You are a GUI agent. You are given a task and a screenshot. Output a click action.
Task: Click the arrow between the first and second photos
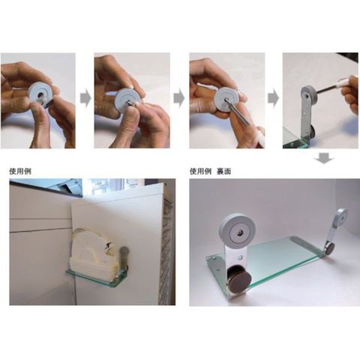tap(85, 98)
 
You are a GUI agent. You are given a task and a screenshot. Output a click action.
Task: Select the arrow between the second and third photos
tap(178, 98)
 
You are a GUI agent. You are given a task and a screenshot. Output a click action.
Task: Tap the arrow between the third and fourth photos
tap(273, 98)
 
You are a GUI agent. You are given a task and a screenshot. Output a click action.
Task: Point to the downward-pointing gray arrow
tap(324, 159)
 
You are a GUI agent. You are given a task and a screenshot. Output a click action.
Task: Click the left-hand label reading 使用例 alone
tap(20, 171)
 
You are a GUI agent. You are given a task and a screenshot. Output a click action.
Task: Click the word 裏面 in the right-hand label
tap(223, 171)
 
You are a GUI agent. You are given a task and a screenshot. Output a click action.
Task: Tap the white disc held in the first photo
tap(40, 94)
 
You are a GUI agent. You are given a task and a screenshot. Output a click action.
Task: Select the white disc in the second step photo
tap(130, 99)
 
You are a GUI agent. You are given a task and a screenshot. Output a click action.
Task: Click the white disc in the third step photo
tap(227, 99)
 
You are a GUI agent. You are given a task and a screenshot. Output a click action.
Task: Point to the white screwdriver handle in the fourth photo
tap(342, 82)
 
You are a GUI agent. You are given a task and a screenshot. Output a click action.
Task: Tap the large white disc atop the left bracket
tap(238, 230)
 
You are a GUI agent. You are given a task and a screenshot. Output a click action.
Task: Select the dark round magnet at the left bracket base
tap(239, 278)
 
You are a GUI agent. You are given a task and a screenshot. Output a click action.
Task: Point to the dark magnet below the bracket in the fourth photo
tap(311, 131)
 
